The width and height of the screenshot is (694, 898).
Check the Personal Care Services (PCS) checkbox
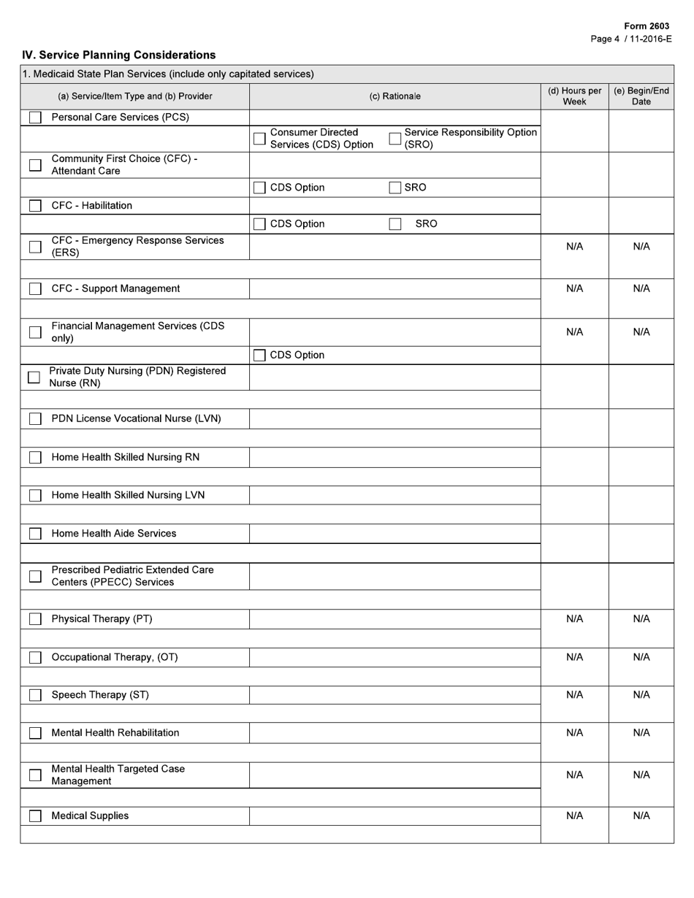click(35, 118)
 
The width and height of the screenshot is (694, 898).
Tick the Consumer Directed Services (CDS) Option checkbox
click(259, 139)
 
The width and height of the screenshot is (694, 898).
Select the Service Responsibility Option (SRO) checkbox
click(395, 139)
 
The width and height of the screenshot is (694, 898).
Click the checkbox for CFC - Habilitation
click(35, 206)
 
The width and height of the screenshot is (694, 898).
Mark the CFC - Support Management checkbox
click(35, 289)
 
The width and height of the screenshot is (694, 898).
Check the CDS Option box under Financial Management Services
click(259, 356)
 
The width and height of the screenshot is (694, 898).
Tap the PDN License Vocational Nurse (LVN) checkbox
click(35, 419)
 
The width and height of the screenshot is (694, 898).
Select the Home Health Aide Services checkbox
click(35, 534)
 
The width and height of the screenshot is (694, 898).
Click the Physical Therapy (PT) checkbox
click(35, 619)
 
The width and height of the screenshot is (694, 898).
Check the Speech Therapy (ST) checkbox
click(35, 695)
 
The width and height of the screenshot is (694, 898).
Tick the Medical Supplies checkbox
click(35, 816)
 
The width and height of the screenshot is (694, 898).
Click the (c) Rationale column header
click(394, 96)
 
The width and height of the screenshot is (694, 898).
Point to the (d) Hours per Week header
click(574, 96)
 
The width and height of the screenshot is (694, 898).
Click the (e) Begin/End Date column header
click(641, 96)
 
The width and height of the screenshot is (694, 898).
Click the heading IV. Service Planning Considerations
click(119, 55)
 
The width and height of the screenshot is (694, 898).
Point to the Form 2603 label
click(647, 26)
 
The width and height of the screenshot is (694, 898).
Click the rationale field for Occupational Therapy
click(394, 657)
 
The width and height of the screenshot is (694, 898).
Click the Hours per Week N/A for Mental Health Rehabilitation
click(574, 733)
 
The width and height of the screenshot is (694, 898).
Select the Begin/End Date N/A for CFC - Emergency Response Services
click(641, 247)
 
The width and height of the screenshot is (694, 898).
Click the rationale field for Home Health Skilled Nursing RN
click(394, 458)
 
